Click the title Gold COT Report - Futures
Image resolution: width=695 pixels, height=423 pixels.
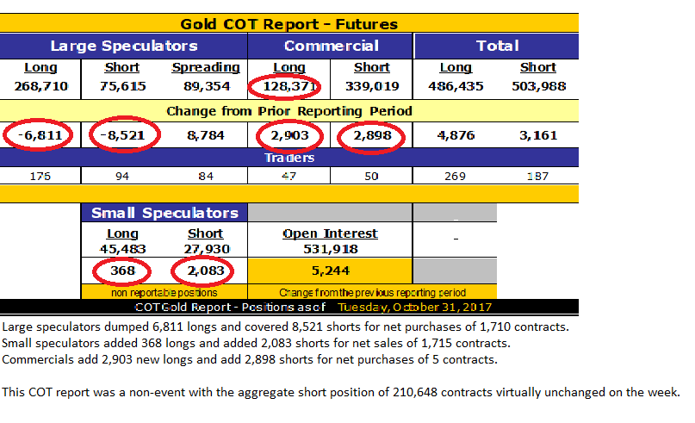coord(289,23)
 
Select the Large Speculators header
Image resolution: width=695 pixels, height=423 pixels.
coord(123,46)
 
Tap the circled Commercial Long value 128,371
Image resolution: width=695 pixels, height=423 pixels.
coord(283,86)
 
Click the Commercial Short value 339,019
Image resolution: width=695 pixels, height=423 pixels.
coord(372,86)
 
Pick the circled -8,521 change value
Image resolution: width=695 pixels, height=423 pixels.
coord(121,135)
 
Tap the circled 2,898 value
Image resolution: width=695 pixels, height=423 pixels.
coord(372,135)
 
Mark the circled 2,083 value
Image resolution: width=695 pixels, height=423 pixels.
coord(205,271)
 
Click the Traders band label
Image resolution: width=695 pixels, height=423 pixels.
coord(289,159)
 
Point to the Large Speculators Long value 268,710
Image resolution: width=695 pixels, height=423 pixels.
coord(40,86)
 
